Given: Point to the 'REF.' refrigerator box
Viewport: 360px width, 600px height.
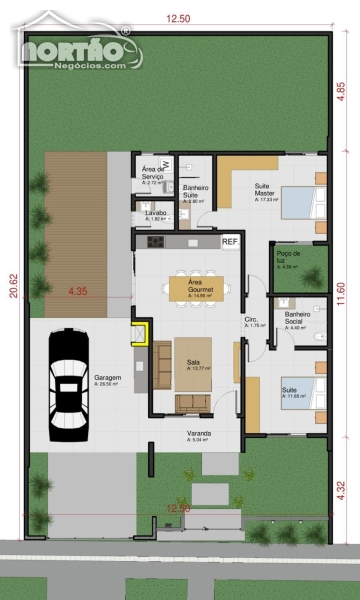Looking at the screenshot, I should (229, 241).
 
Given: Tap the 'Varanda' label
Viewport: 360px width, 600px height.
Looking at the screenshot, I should (198, 434).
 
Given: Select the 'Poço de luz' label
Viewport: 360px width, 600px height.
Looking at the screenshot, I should (289, 256).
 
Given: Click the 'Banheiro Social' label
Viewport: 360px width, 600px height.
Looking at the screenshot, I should (297, 317).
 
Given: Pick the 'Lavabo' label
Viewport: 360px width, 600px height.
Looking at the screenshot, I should (154, 214).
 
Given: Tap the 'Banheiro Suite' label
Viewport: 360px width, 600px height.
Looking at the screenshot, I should (194, 190).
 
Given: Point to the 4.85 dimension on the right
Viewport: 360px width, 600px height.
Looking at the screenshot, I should (341, 87).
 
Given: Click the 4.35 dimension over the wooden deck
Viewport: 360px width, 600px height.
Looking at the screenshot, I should (78, 291).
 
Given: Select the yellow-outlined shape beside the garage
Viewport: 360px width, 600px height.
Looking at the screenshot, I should (141, 331).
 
